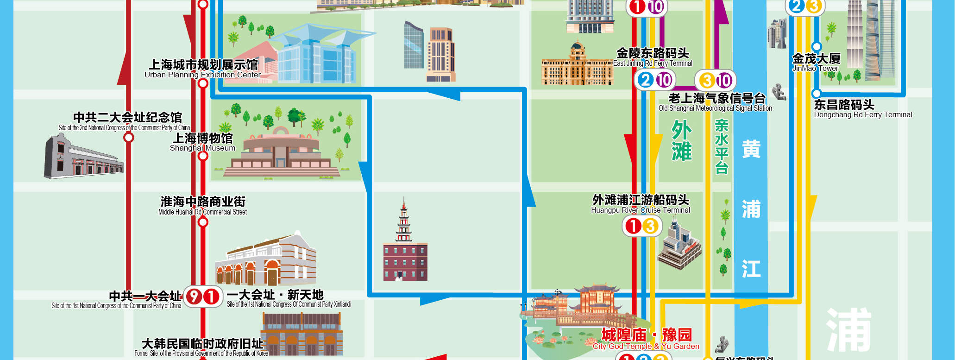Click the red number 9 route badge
(194, 297)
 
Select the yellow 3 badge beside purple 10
(707, 81)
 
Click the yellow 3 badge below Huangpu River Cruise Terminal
(650, 227)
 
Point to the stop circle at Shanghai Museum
(203, 156)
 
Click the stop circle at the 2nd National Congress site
(129, 138)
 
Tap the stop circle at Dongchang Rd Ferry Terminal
(817, 94)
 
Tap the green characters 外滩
(681, 140)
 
